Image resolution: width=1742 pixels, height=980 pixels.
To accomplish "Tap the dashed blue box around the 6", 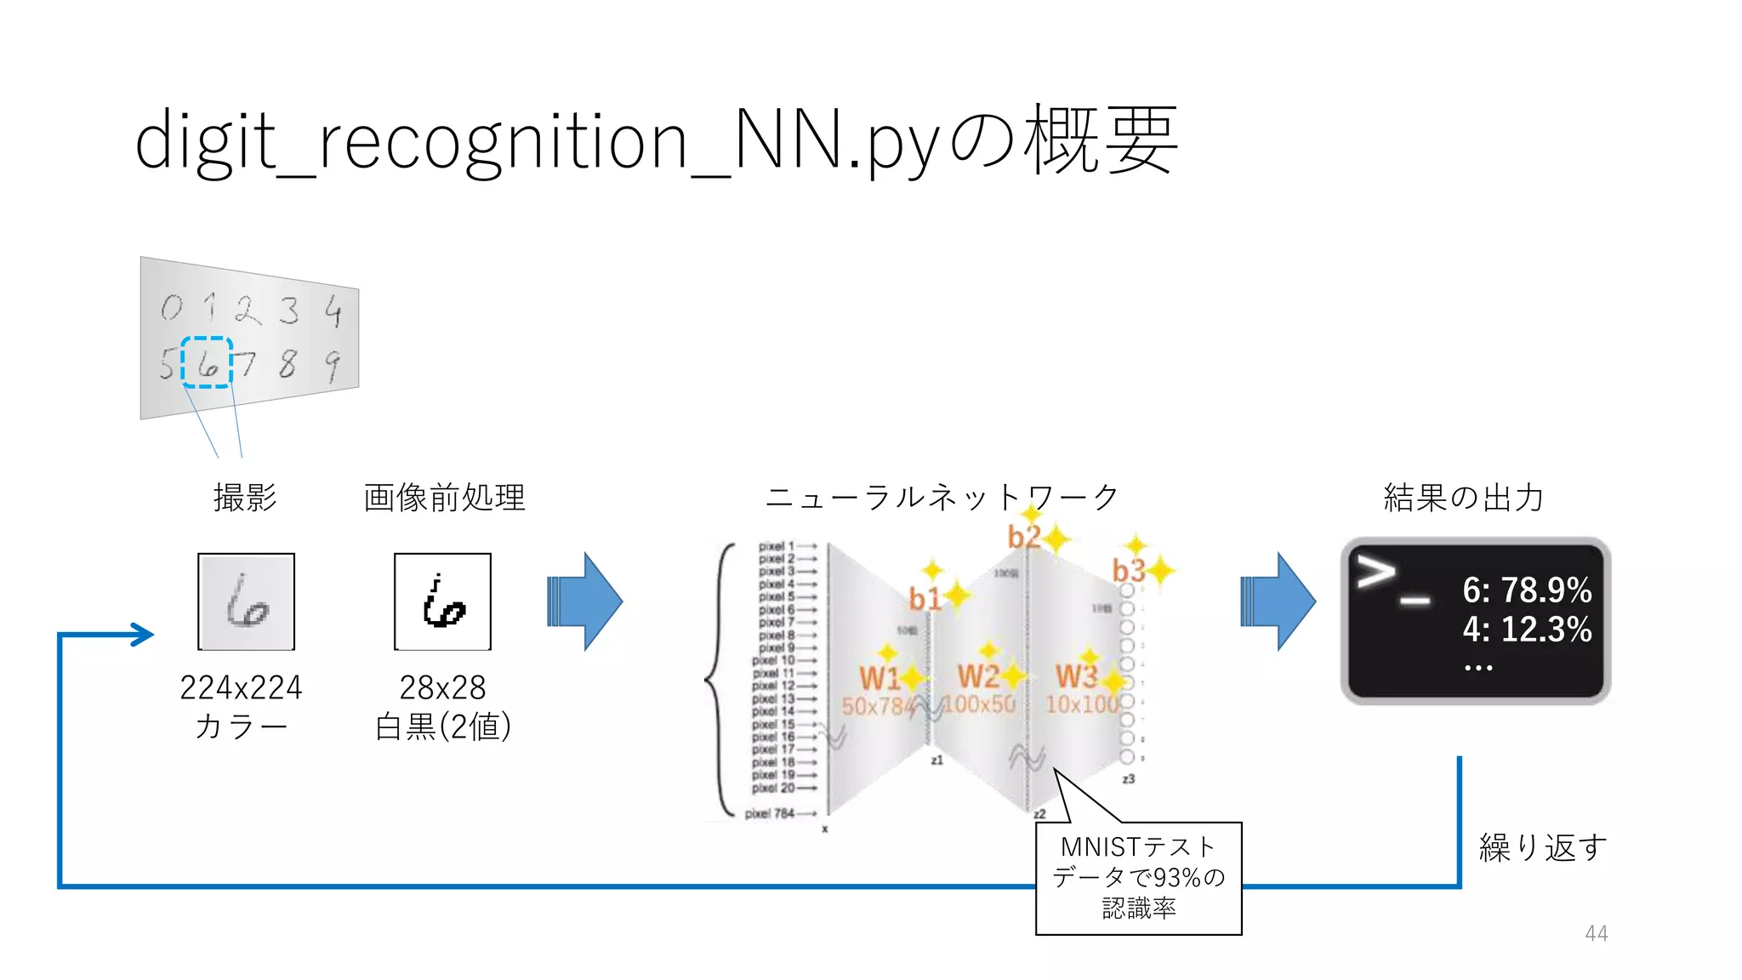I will [207, 362].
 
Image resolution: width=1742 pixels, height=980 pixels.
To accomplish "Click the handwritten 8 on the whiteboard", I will [287, 363].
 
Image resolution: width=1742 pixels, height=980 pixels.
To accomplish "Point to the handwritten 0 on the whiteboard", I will [172, 307].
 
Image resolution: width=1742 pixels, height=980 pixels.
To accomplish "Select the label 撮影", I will [245, 498].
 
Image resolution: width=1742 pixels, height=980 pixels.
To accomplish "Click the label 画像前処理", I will [444, 498].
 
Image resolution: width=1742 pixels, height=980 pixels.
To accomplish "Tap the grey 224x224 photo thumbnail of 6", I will [246, 601].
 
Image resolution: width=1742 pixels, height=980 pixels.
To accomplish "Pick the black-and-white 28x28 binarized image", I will [442, 601].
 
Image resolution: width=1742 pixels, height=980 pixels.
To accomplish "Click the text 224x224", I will [242, 687].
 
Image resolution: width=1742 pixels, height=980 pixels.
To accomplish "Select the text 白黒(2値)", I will [443, 726].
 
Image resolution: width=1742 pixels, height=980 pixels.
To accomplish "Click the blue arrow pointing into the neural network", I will [584, 601].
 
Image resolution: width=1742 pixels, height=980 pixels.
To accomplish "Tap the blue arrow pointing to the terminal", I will [1278, 601].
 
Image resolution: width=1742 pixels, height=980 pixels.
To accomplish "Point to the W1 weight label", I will [879, 678].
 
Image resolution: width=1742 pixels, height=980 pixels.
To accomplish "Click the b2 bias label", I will [1023, 537].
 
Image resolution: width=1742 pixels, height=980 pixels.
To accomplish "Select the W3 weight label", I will [1076, 677].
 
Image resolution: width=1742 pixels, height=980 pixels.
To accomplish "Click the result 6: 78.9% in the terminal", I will [1527, 590].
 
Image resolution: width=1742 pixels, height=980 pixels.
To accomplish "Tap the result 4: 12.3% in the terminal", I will [1527, 630].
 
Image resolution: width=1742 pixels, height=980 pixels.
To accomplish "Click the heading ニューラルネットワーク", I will [942, 498].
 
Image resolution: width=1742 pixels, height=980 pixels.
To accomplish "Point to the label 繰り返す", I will [1543, 847].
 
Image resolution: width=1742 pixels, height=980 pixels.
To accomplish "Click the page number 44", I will [1596, 933].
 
